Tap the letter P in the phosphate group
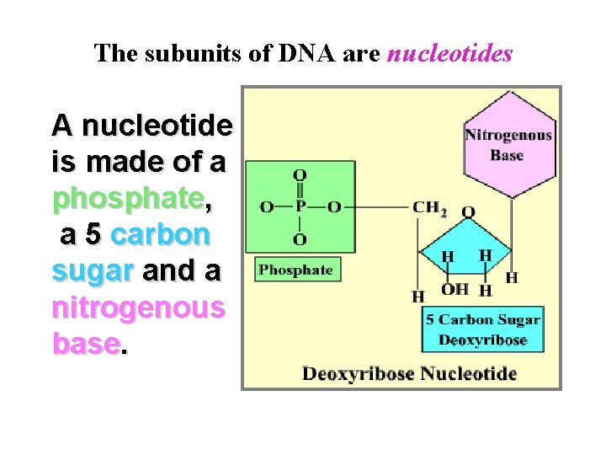click(x=300, y=207)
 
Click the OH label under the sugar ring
click(x=455, y=290)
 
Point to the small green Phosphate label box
click(x=295, y=270)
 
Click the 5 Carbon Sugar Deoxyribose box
click(x=482, y=329)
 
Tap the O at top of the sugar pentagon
click(x=469, y=211)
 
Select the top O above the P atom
click(x=300, y=175)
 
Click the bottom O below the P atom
click(x=300, y=240)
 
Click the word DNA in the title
click(x=317, y=54)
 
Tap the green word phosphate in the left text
click(x=128, y=198)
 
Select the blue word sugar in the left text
click(x=93, y=270)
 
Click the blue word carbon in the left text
click(x=160, y=234)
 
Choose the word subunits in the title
click(x=176, y=54)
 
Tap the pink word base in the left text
click(x=84, y=343)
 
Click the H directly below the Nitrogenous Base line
click(x=512, y=277)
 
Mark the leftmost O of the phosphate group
click(x=267, y=207)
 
